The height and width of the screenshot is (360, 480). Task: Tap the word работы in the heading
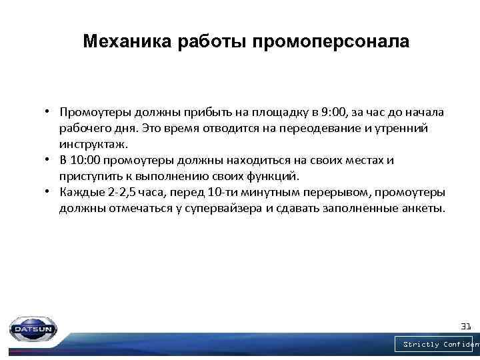coord(212,42)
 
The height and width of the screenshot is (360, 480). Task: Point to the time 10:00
coord(87,160)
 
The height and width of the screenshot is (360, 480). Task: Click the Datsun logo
coord(33,329)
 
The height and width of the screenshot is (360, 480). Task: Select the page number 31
coord(466,326)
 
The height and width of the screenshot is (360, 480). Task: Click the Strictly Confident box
coord(437,344)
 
